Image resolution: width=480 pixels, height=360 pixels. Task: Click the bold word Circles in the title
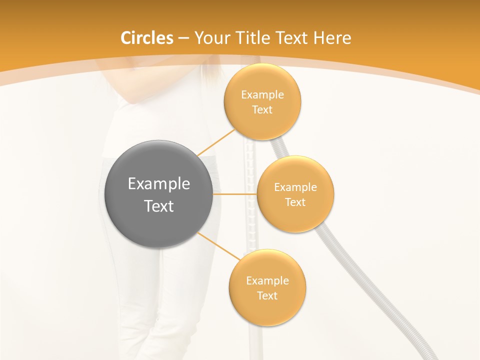coord(147,38)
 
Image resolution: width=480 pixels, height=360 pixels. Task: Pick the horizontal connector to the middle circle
coord(235,193)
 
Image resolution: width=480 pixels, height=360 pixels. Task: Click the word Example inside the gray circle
coord(158,184)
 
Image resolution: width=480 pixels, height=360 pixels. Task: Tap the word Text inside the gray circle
coord(158,206)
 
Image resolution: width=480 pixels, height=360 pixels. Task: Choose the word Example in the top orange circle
coord(262,95)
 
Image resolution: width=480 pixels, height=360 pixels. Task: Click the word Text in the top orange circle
coord(262,109)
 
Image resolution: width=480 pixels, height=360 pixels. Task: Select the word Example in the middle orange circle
coord(295,187)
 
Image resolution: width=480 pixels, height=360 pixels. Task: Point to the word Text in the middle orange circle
coord(295,202)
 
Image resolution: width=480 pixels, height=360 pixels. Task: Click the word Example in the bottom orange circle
coord(267,281)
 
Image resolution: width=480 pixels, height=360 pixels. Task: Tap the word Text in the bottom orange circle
coord(267,295)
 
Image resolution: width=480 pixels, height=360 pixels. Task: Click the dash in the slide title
coord(183,38)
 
